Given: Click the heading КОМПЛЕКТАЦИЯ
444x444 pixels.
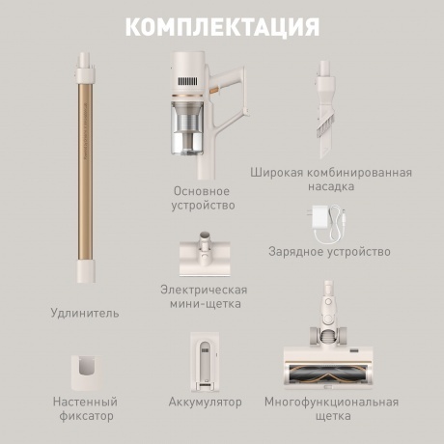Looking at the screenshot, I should click(x=222, y=26).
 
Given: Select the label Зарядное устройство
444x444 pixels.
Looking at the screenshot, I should click(x=329, y=252).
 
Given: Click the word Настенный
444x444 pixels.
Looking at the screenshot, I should click(x=86, y=401).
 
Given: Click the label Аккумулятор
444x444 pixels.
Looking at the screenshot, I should click(x=205, y=401).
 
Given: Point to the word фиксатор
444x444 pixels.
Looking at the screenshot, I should click(x=86, y=417).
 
